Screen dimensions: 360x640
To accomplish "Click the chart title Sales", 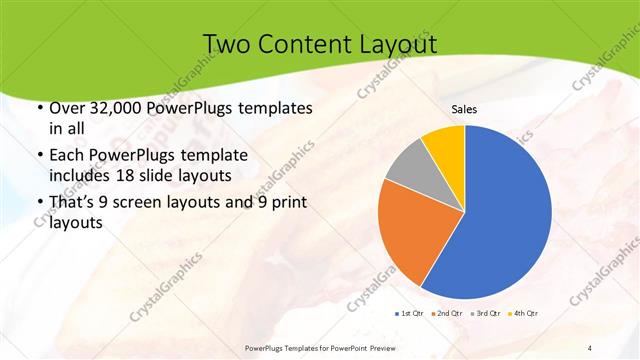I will pyautogui.click(x=464, y=109).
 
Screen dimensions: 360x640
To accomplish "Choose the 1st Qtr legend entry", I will pyautogui.click(x=409, y=313).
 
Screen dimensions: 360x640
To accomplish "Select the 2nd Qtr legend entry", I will pyautogui.click(x=446, y=313).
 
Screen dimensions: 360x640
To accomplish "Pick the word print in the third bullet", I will pyautogui.click(x=286, y=203).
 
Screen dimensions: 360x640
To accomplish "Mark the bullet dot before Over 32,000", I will pyautogui.click(x=38, y=108).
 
